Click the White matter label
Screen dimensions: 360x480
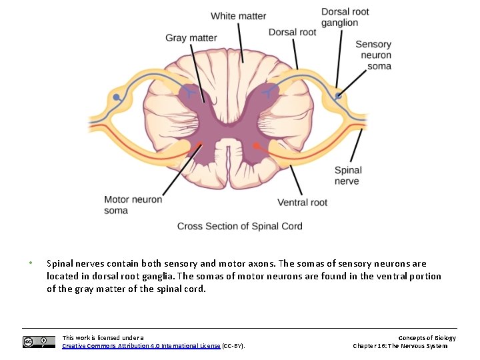click(x=238, y=16)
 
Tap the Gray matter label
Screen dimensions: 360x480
click(x=191, y=37)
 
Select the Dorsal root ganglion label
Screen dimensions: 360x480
click(x=345, y=17)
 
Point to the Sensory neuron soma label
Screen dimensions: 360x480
click(x=373, y=55)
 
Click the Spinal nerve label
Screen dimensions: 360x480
click(x=348, y=175)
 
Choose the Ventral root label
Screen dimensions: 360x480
click(x=302, y=202)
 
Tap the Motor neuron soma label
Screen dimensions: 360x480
click(x=133, y=205)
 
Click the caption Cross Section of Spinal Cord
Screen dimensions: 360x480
click(x=239, y=226)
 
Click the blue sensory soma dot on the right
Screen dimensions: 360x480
click(x=339, y=97)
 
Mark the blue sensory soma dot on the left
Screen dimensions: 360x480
click(x=117, y=97)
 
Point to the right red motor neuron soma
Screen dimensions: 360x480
click(x=257, y=145)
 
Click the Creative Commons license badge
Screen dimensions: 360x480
click(x=39, y=342)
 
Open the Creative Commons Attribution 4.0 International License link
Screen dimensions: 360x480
click(x=141, y=345)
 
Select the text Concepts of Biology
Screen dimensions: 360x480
click(x=427, y=338)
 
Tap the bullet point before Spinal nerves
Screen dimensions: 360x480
click(x=31, y=263)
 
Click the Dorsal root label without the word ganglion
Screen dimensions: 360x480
click(x=292, y=32)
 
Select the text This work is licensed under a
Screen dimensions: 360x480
click(x=103, y=338)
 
